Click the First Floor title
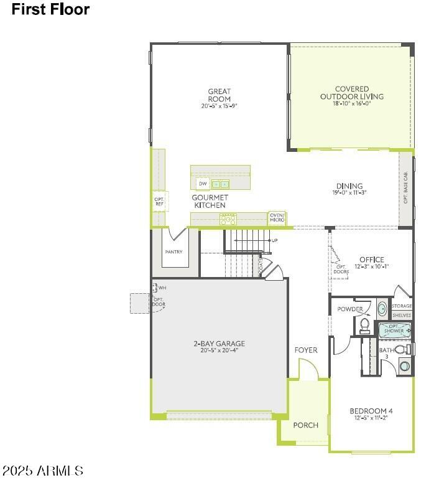(x=50, y=9)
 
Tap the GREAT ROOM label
(x=220, y=95)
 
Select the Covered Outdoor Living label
(x=351, y=93)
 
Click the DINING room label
(x=349, y=186)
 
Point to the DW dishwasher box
(x=203, y=184)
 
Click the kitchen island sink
(x=220, y=184)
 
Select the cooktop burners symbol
(x=228, y=219)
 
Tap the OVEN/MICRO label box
(x=277, y=218)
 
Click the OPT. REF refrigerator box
(x=159, y=200)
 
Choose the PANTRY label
(x=173, y=252)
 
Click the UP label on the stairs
(x=274, y=240)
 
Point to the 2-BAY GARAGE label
(x=219, y=343)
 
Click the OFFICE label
(x=371, y=260)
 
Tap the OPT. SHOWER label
(x=393, y=328)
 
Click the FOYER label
(x=306, y=350)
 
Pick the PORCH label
(x=305, y=425)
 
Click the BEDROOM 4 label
(x=371, y=411)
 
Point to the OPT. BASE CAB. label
(x=406, y=188)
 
